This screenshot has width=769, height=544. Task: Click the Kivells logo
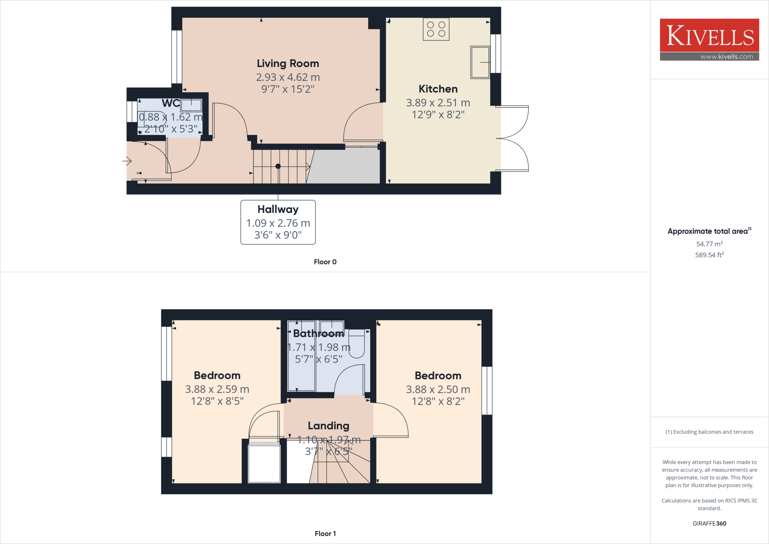click(x=709, y=36)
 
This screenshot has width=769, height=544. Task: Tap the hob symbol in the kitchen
click(x=436, y=29)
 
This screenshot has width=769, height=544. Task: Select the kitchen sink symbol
click(x=480, y=62)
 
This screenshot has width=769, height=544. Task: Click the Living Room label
click(x=288, y=63)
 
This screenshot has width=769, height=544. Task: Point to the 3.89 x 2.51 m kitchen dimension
click(x=438, y=103)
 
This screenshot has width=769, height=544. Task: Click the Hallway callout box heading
click(x=278, y=209)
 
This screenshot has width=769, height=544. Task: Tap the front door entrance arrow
click(x=127, y=161)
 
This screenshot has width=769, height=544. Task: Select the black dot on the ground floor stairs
click(x=278, y=166)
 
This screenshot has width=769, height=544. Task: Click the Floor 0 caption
click(x=325, y=262)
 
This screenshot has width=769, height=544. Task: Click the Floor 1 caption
click(x=325, y=533)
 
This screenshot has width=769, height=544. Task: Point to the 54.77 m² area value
click(x=709, y=244)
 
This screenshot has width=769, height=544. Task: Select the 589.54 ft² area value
click(x=709, y=255)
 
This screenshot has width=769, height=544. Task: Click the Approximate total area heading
click(x=709, y=231)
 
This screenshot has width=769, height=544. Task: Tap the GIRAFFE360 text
click(x=709, y=523)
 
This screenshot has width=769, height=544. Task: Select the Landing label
click(x=329, y=426)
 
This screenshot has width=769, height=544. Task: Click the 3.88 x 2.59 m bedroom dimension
click(x=217, y=389)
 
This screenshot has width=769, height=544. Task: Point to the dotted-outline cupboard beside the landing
click(x=264, y=464)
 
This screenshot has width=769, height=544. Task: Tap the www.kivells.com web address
click(x=727, y=57)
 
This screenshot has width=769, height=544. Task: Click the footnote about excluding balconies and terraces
click(x=709, y=432)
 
